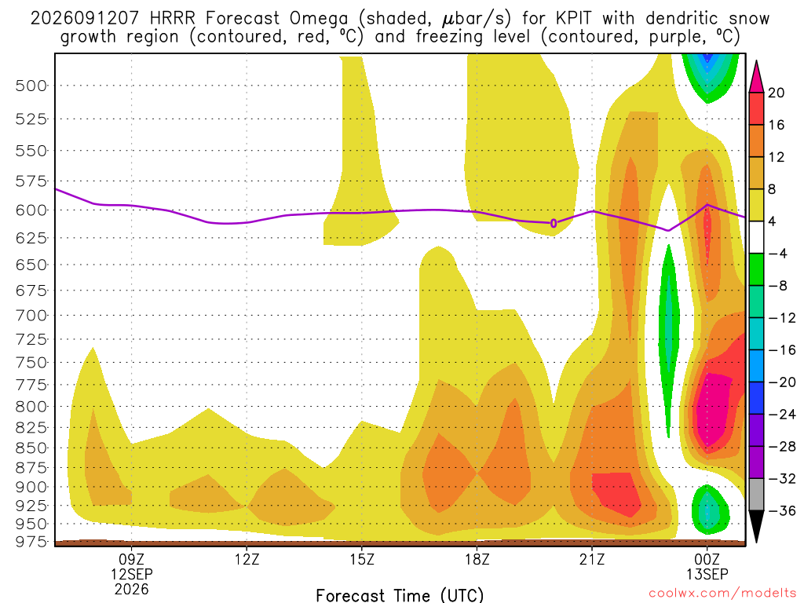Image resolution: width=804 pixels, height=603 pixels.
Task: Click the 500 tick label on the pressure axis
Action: click(31, 86)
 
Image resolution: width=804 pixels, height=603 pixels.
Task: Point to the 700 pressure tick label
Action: click(31, 316)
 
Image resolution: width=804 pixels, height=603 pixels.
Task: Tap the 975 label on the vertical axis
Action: click(31, 542)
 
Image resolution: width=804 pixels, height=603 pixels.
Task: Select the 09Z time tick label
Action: click(132, 559)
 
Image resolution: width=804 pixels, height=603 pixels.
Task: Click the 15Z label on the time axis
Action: click(362, 559)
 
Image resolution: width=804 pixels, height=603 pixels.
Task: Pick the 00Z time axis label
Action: click(707, 559)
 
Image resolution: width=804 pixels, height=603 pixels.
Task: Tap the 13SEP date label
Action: click(707, 574)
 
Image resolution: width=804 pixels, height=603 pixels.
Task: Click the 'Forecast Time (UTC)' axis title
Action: click(400, 595)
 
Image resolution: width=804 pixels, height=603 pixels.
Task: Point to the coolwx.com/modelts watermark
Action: click(722, 594)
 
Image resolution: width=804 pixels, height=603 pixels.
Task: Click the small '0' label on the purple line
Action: click(554, 223)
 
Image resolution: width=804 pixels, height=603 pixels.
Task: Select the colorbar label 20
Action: click(777, 93)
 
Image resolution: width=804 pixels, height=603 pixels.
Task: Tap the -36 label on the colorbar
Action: click(782, 510)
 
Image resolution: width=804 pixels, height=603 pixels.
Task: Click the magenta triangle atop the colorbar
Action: click(756, 78)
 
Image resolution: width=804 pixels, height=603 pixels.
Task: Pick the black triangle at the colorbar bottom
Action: click(756, 525)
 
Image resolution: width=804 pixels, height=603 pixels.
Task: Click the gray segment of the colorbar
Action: click(756, 495)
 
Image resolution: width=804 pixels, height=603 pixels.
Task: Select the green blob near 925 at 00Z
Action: click(710, 509)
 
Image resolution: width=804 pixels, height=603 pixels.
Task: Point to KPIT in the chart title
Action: click(568, 19)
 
